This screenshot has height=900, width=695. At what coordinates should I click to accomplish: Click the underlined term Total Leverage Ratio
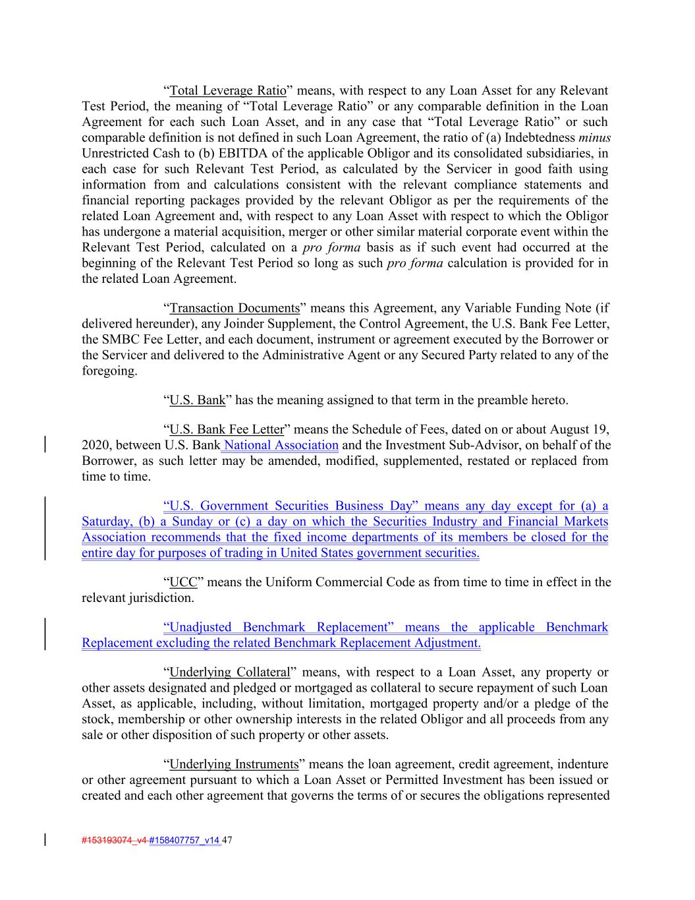228,90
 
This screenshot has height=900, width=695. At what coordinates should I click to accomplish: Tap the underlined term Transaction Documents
235,308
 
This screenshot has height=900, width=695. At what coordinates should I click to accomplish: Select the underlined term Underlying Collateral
230,672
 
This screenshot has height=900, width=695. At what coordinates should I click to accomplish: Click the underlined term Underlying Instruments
234,764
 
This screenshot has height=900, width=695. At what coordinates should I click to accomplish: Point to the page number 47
229,840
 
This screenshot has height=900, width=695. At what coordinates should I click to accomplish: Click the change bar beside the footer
45,840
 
